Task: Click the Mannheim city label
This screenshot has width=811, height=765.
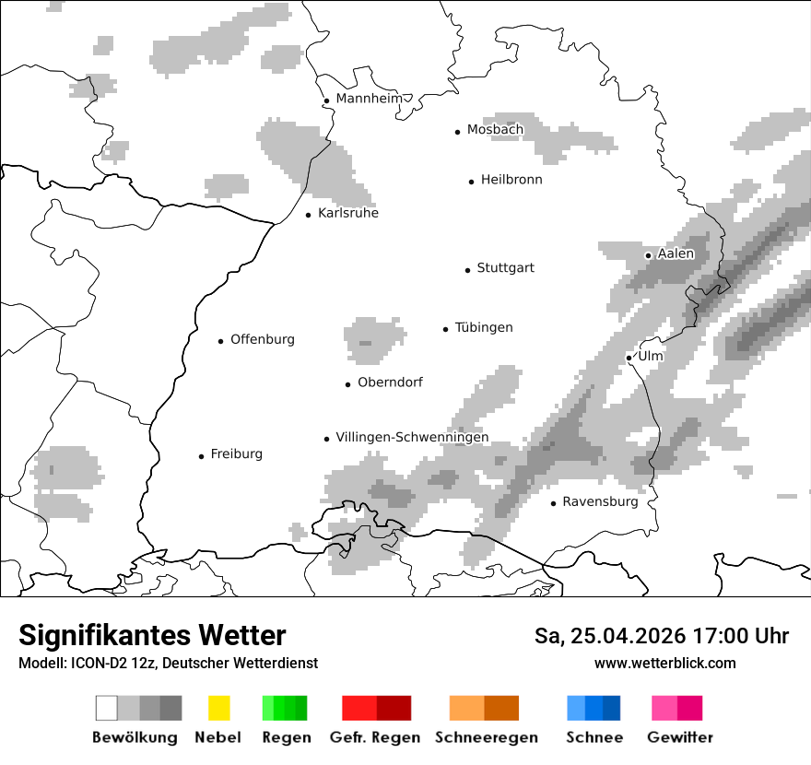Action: pos(369,99)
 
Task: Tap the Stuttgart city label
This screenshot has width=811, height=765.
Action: pos(505,268)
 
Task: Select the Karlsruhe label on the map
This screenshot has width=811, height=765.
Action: pos(347,214)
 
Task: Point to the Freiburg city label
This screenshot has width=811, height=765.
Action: pos(236,454)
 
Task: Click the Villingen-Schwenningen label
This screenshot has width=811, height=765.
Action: pos(412,438)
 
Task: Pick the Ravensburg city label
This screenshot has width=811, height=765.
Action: pos(600,502)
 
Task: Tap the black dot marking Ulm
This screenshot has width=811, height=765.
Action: pos(629,358)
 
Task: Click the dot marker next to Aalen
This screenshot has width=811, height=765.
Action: pos(648,255)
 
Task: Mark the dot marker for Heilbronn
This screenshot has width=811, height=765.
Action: pos(471,182)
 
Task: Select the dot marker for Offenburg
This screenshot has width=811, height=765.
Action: pos(220,341)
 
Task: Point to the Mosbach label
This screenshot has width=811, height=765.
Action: pos(495,130)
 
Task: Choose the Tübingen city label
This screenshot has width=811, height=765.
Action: pos(484,328)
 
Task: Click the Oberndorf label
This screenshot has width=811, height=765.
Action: pos(390,382)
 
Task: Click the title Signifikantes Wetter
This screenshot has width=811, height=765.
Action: pos(152,635)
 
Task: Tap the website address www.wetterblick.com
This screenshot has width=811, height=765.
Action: pos(664,663)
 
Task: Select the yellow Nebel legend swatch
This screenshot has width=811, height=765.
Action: pos(218,708)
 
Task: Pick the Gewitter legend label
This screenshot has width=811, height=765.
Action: pos(679,737)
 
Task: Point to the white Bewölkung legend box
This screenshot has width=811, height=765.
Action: pos(107,708)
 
